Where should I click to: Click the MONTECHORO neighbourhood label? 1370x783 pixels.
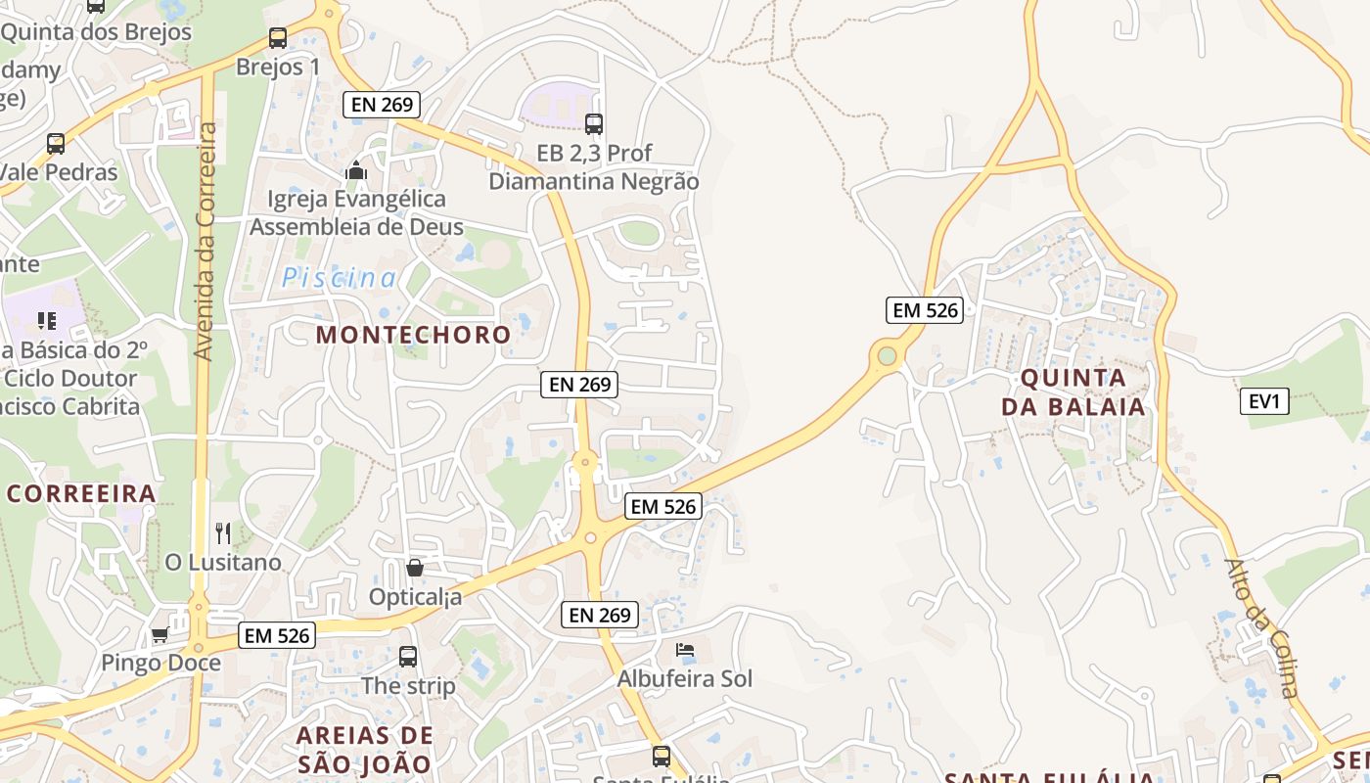(x=413, y=335)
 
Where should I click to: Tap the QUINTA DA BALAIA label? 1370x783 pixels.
(x=1073, y=391)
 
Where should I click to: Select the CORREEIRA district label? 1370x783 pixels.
(x=81, y=493)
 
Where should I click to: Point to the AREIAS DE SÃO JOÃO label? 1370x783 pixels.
(x=364, y=750)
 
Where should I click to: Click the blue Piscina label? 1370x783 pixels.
(x=340, y=278)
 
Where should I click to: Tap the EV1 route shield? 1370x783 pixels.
(x=1264, y=401)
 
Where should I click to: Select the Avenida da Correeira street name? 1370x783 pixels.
(x=205, y=241)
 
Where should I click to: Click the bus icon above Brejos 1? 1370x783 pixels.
(x=278, y=38)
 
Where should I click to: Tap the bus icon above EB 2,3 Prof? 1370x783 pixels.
(x=594, y=124)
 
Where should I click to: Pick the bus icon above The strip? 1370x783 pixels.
(x=408, y=657)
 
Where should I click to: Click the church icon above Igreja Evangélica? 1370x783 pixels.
(x=356, y=171)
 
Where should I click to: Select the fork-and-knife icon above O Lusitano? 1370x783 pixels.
(x=223, y=533)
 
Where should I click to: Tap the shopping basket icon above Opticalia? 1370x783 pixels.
(x=415, y=568)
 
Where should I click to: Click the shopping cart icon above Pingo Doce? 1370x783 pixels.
(x=160, y=634)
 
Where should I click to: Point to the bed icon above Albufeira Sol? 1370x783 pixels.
(x=685, y=650)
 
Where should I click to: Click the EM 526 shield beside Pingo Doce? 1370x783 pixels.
(x=277, y=635)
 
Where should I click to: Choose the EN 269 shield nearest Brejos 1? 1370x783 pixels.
(x=382, y=104)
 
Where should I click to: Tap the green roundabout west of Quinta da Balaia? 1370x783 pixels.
(x=887, y=355)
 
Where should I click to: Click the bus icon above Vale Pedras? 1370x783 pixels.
(x=56, y=144)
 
